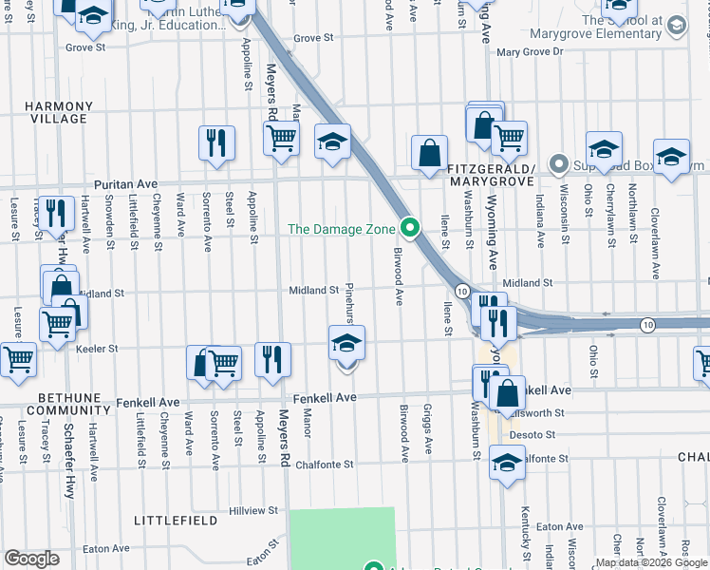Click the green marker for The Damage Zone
410,228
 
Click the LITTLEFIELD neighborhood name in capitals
169,522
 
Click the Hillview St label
253,510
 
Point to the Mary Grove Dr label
530,52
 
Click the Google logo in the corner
31,559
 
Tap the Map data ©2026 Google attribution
651,562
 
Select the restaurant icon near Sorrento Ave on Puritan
216,143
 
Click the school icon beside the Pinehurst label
346,343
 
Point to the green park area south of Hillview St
341,537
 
